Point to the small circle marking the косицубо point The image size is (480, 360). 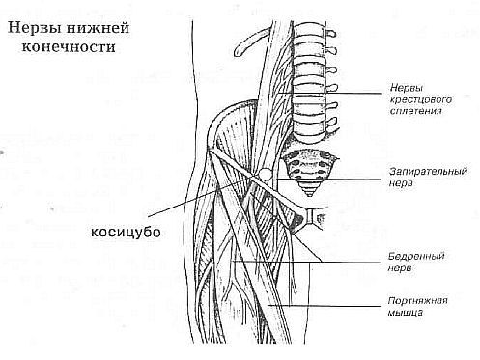coord(263,173)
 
